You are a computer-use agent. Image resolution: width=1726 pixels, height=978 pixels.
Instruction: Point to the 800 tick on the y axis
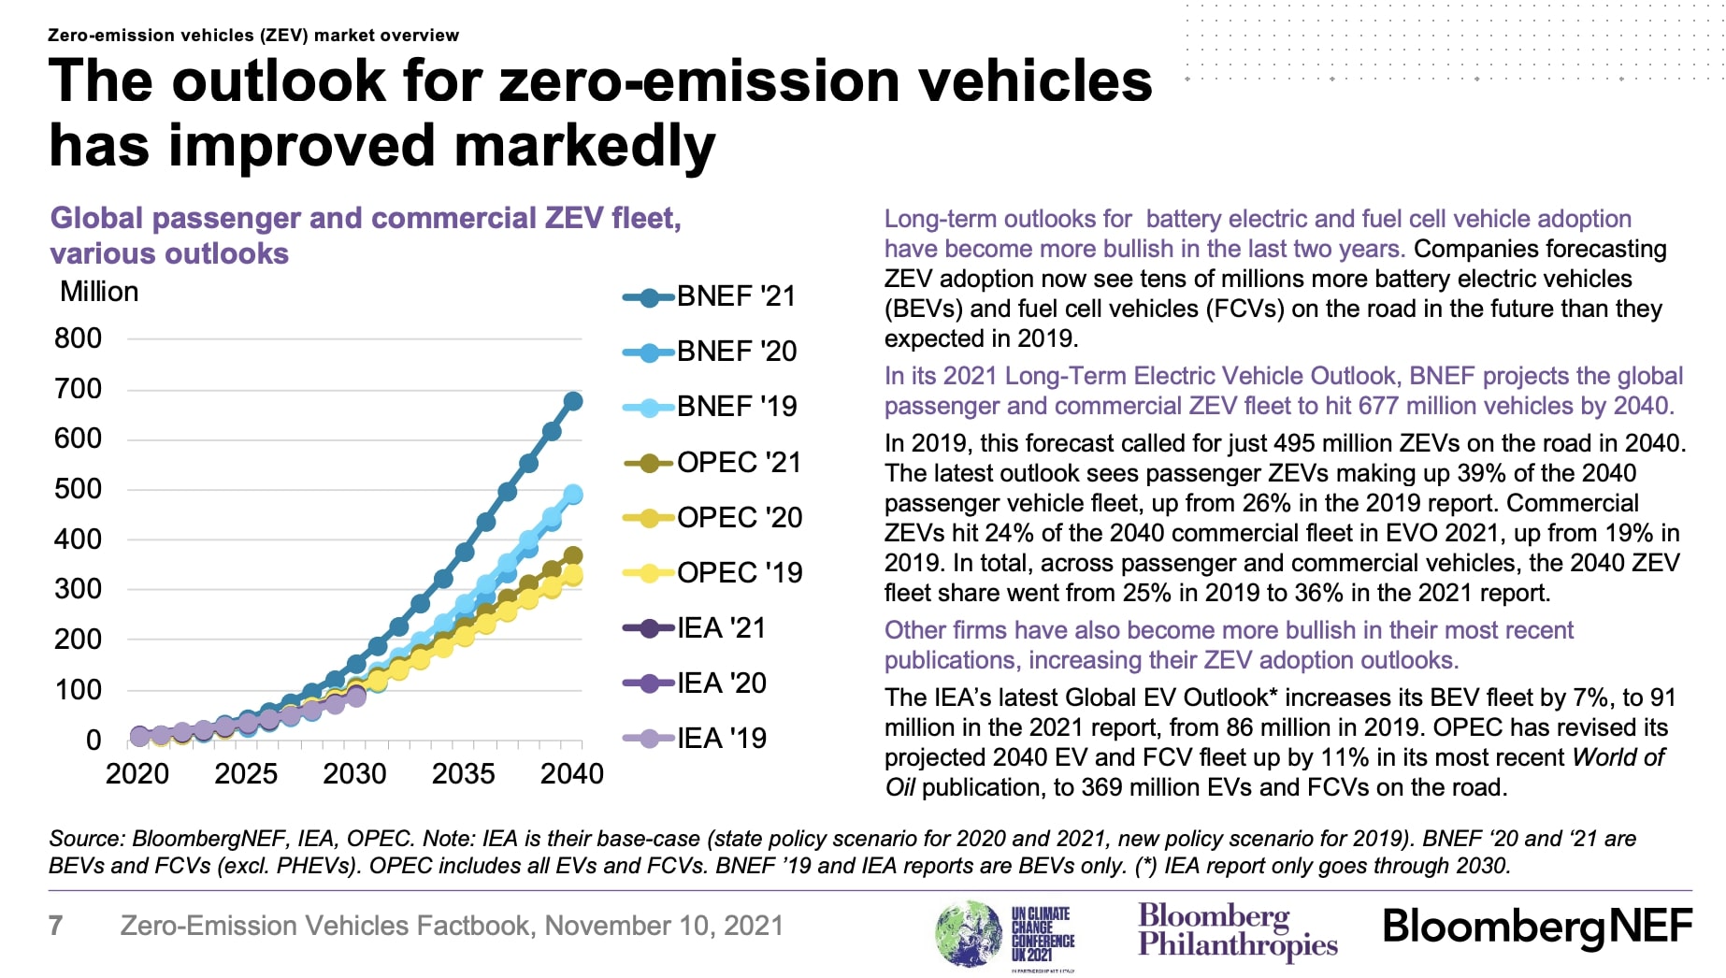[79, 338]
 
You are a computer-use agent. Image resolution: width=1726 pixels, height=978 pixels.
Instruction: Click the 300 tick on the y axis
[79, 589]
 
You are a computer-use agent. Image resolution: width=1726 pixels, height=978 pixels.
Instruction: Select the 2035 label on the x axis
[463, 774]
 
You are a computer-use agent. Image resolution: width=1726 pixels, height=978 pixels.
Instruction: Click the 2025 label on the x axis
[246, 774]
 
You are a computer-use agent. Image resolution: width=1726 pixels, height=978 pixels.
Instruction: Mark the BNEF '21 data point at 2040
[573, 401]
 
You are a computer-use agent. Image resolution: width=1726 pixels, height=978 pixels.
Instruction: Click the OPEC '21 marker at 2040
[573, 556]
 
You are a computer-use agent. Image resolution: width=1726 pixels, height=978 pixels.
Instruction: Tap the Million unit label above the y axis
[99, 292]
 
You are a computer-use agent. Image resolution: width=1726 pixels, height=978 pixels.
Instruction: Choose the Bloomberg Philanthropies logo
[1236, 929]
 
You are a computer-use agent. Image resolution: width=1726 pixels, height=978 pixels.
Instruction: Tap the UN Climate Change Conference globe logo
[969, 932]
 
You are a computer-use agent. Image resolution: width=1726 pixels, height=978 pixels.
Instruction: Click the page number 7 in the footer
[56, 926]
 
